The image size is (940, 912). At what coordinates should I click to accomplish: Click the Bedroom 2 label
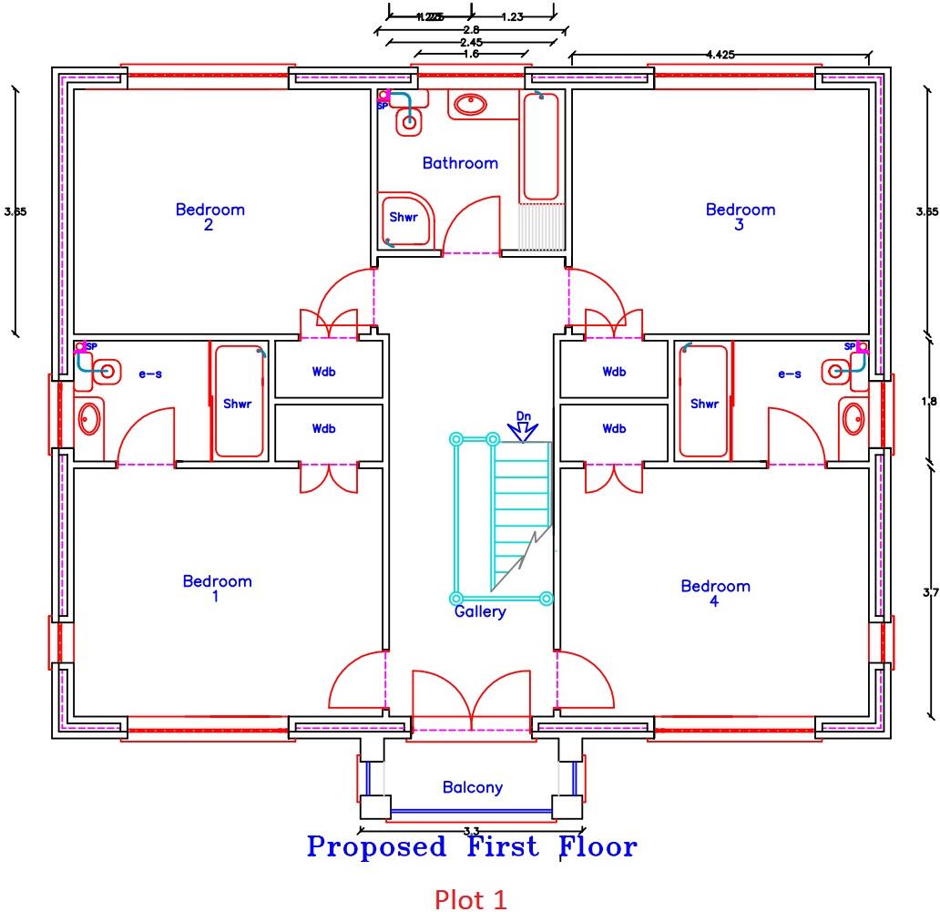pyautogui.click(x=209, y=217)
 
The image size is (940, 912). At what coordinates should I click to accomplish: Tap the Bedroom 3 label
pyautogui.click(x=740, y=217)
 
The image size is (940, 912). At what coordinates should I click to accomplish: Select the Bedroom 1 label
pyautogui.click(x=217, y=589)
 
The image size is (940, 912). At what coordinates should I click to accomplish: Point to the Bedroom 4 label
pyautogui.click(x=715, y=593)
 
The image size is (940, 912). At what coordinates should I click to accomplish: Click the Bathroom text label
pyautogui.click(x=460, y=163)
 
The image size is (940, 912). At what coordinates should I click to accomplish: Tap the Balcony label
pyautogui.click(x=472, y=787)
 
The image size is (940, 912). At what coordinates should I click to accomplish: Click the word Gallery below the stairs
pyautogui.click(x=479, y=612)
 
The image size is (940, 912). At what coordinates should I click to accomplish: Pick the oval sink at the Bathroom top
pyautogui.click(x=470, y=106)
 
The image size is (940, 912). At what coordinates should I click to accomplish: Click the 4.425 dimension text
pyautogui.click(x=722, y=55)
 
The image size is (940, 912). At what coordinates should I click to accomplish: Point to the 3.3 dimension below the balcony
pyautogui.click(x=472, y=831)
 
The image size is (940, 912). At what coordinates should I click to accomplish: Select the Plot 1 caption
pyautogui.click(x=470, y=899)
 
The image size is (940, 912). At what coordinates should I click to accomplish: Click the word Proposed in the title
pyautogui.click(x=376, y=847)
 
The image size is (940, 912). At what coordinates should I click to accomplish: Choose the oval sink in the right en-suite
pyautogui.click(x=853, y=419)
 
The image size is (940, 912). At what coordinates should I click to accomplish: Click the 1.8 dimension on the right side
pyautogui.click(x=928, y=401)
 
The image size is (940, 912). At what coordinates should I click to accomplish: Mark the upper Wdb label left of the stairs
pyautogui.click(x=323, y=372)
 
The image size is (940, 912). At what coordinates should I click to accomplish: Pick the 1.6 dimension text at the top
pyautogui.click(x=470, y=54)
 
